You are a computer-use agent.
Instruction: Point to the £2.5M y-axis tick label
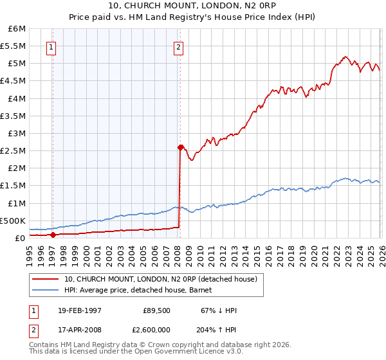click(14, 150)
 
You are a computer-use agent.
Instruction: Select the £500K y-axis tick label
click(14, 221)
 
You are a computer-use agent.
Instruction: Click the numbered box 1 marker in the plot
click(51, 46)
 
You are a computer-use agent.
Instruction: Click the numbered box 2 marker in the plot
click(178, 46)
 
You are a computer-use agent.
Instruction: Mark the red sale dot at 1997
click(53, 235)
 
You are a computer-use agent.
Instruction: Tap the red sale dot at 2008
click(180, 147)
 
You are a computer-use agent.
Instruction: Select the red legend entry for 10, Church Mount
click(161, 279)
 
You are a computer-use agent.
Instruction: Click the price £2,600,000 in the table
click(152, 328)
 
